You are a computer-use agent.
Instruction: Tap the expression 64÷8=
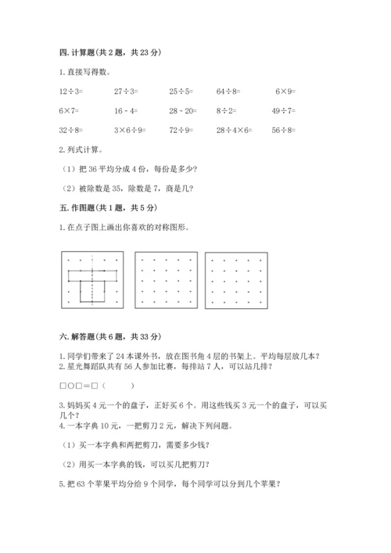coord(228,92)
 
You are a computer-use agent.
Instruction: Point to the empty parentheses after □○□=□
coord(117,386)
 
